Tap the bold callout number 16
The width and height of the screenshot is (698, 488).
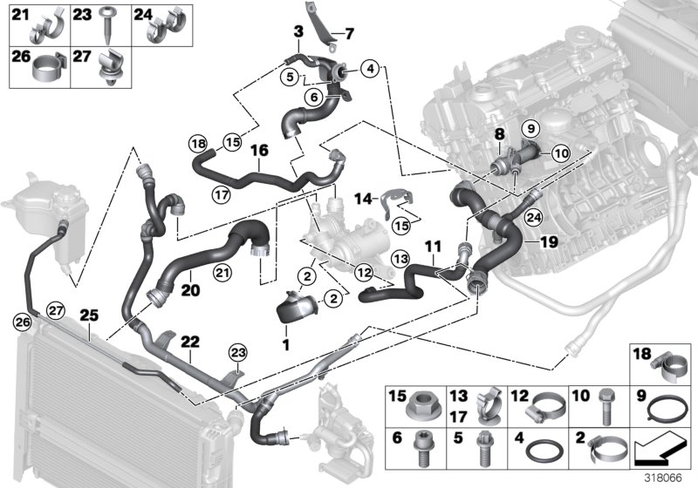click(258, 151)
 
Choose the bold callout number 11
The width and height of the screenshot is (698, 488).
click(431, 247)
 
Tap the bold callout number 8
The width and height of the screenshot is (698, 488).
click(500, 134)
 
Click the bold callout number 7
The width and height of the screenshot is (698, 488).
click(349, 35)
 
